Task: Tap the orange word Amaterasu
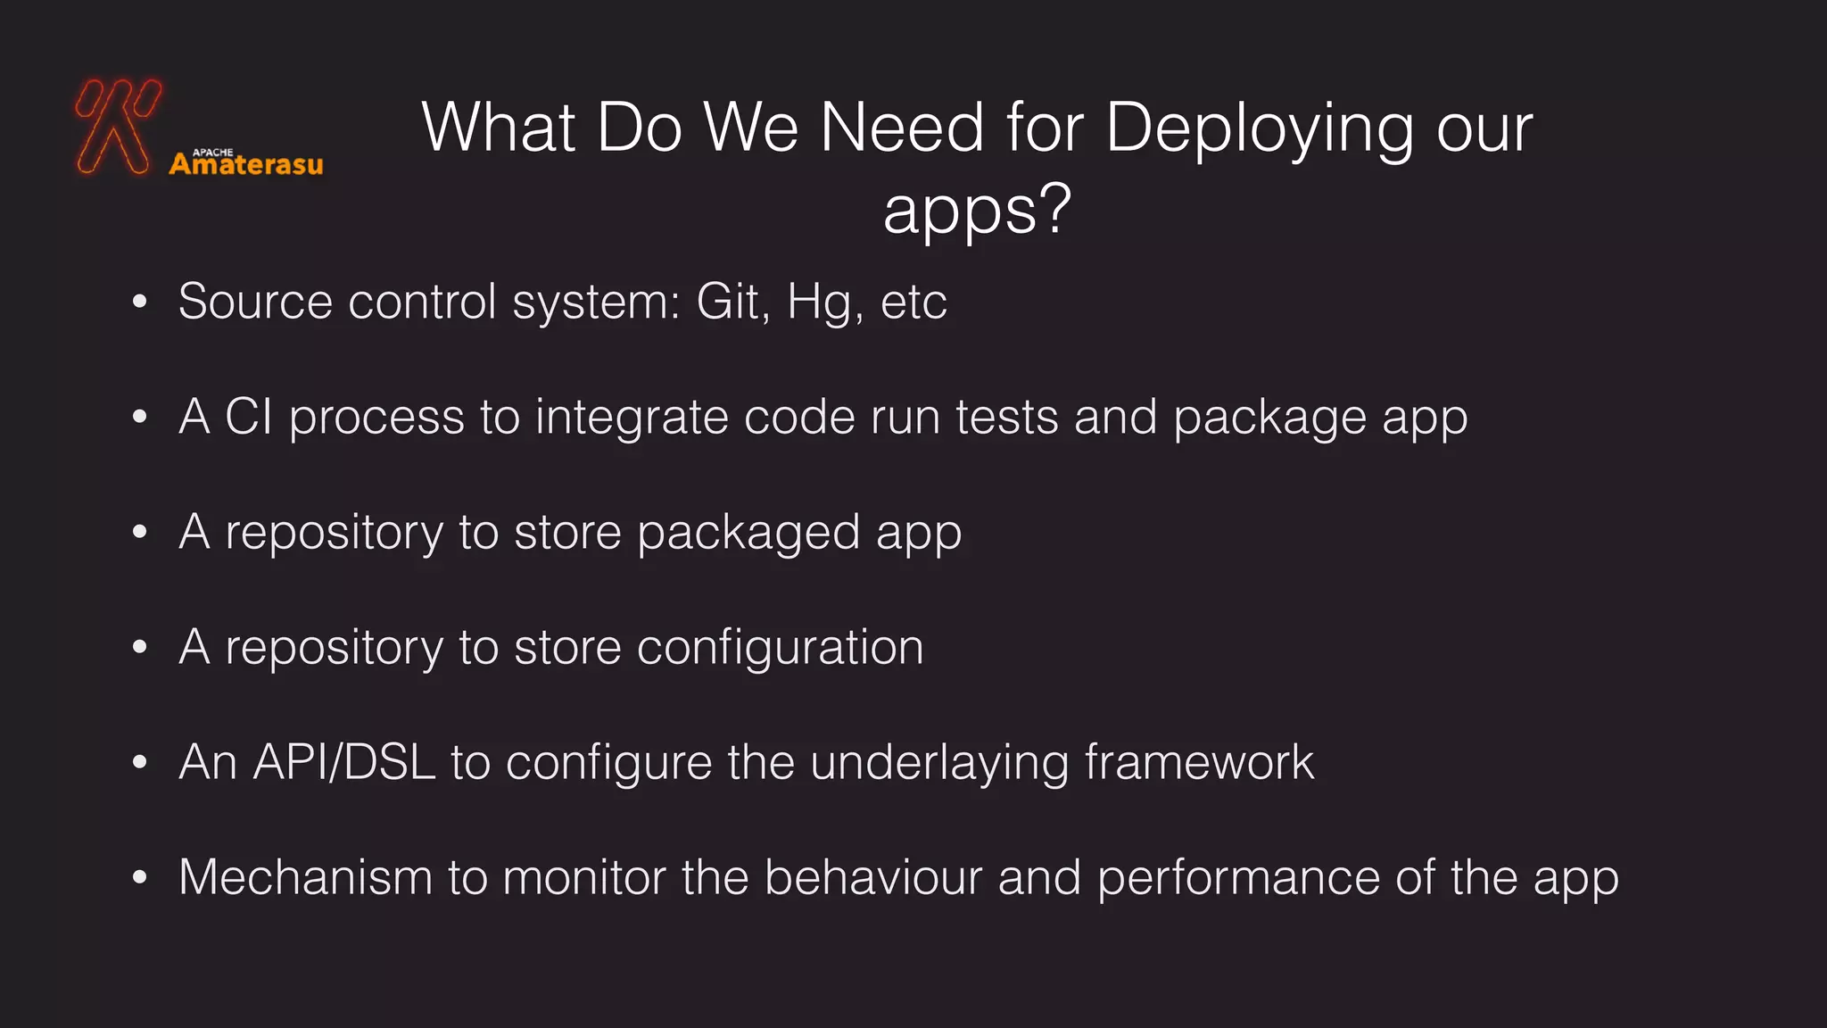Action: [246, 165]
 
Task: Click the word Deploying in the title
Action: [1259, 129]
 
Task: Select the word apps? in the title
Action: [977, 211]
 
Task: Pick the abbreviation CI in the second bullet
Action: [248, 417]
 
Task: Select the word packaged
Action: [748, 534]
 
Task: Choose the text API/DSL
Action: [344, 763]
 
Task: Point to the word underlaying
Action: [939, 764]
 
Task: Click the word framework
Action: [1199, 763]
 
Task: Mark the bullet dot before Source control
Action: [139, 302]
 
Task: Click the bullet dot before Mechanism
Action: [139, 877]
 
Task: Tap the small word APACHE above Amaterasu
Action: [213, 153]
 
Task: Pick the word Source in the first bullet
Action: [255, 302]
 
